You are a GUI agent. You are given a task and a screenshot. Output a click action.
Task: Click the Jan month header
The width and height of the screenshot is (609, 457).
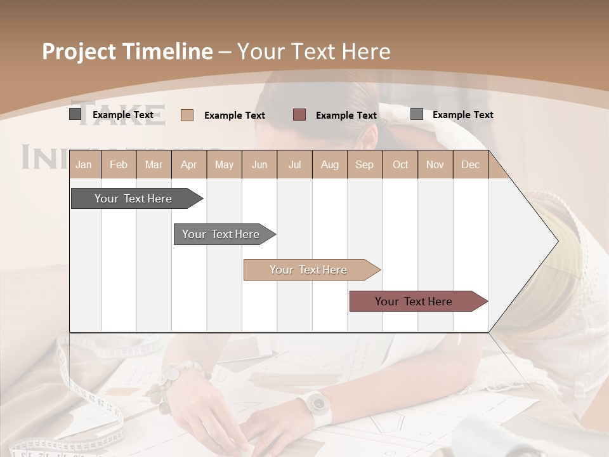tap(84, 165)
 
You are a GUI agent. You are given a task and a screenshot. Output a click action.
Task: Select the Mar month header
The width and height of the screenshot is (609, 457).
tap(154, 165)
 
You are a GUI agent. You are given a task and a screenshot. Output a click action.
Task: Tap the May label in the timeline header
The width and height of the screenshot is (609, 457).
tap(224, 165)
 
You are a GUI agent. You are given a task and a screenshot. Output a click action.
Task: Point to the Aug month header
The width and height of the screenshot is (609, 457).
tap(329, 165)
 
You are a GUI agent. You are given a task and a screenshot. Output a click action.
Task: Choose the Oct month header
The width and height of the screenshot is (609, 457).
tap(400, 165)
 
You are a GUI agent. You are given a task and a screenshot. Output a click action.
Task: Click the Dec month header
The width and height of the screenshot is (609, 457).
tap(470, 165)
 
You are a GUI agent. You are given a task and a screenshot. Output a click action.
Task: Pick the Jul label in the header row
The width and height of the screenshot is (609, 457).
tap(294, 165)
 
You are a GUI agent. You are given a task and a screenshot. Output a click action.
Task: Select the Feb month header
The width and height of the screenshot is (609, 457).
tap(119, 165)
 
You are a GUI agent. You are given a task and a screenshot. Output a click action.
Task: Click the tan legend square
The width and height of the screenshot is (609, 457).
tap(187, 115)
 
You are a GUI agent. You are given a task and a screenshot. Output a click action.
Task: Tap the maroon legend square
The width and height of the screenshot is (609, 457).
tap(299, 115)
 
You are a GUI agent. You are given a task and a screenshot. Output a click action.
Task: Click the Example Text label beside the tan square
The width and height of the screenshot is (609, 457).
tap(235, 116)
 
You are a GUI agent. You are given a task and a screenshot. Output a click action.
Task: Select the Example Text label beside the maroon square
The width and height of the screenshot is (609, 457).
tap(346, 116)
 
